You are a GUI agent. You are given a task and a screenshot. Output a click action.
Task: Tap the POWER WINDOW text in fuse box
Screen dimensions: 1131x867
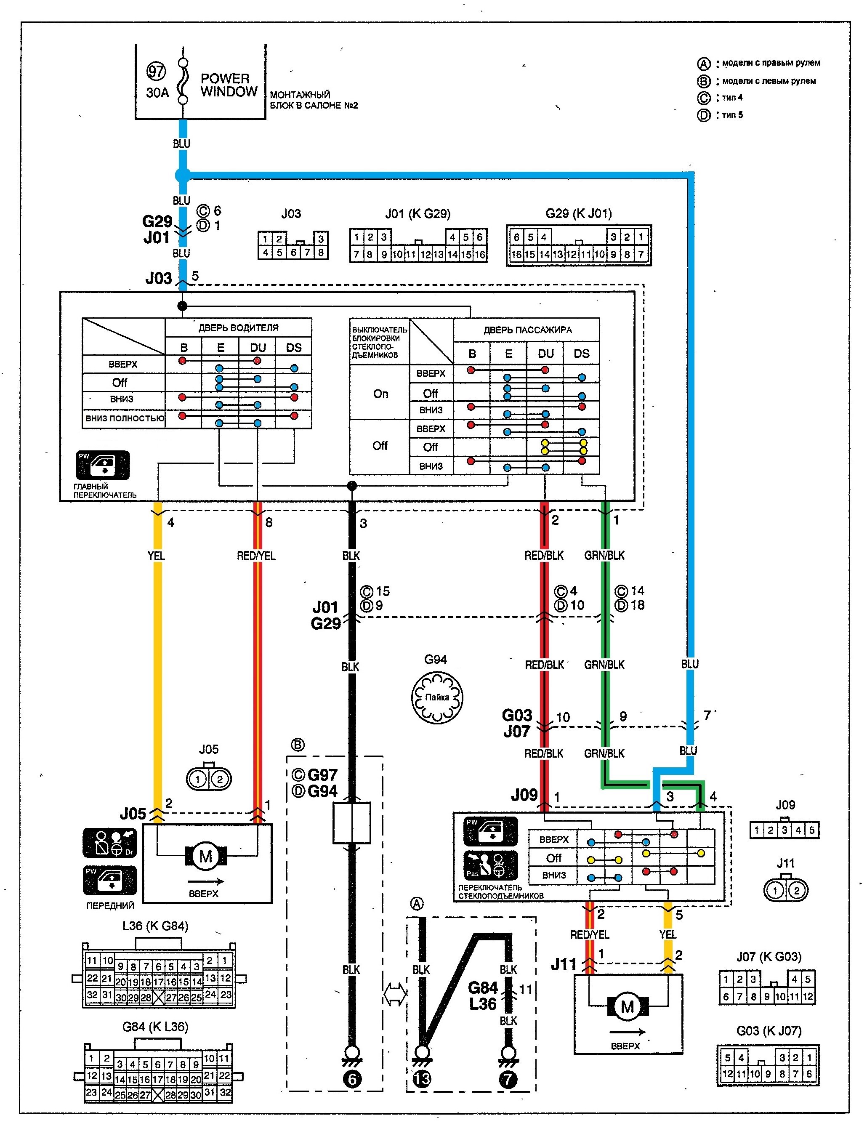[229, 85]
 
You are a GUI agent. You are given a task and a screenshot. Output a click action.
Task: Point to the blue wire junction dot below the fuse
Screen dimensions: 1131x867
[183, 176]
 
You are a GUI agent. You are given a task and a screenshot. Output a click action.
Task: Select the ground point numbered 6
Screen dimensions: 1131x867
[352, 1079]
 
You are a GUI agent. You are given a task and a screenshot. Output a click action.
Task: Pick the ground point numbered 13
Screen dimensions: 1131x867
[422, 1079]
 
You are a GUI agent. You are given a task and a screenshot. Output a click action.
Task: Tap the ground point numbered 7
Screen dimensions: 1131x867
[508, 1079]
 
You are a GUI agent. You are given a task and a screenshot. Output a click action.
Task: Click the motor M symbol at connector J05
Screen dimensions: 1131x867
[206, 857]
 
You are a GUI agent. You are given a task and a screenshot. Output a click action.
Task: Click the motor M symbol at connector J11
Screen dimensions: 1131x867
[628, 1006]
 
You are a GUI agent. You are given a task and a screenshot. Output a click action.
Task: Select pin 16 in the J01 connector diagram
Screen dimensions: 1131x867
[479, 255]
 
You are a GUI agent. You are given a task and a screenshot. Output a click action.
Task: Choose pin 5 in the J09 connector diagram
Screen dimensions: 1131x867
[812, 830]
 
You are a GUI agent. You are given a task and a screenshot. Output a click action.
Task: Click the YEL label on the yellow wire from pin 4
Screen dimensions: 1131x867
[157, 556]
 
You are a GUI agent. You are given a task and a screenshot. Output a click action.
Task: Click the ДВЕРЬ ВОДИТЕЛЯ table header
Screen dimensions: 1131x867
[238, 328]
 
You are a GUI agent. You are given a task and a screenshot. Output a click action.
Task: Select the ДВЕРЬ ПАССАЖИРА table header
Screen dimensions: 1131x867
[527, 330]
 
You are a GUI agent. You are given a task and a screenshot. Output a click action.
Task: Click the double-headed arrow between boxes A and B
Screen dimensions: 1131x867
[395, 994]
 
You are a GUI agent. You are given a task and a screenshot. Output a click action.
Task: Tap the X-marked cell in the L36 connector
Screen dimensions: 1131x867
[158, 997]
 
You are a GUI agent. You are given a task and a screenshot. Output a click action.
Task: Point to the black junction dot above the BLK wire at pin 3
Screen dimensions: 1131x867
[352, 486]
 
